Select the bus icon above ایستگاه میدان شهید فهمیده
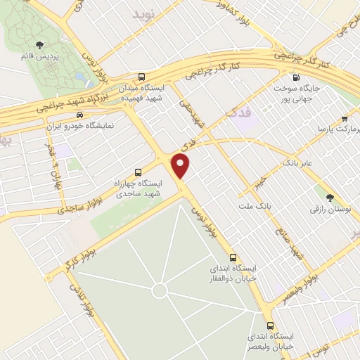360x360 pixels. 142,77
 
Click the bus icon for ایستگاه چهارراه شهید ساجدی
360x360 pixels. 138,171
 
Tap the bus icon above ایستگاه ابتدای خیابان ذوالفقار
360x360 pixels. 233,257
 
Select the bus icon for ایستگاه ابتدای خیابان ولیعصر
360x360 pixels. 271,325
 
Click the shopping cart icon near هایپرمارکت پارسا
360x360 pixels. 344,120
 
